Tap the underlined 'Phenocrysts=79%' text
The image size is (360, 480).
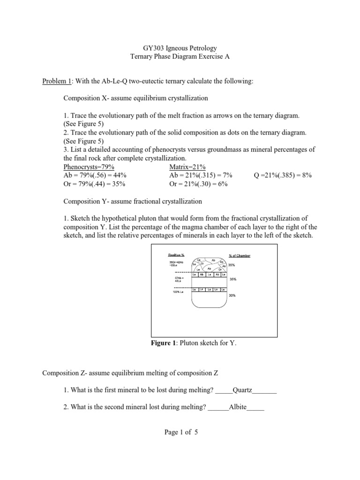pos(89,167)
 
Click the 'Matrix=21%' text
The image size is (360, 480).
pos(187,167)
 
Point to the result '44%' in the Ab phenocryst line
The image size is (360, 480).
pos(119,175)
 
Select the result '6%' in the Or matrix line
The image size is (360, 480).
pos(221,184)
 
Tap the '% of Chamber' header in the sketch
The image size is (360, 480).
pos(240,255)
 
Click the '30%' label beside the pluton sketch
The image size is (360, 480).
pos(232,296)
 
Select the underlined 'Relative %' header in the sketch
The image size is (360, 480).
pos(176,255)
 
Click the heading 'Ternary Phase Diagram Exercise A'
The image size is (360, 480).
pos(180,56)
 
